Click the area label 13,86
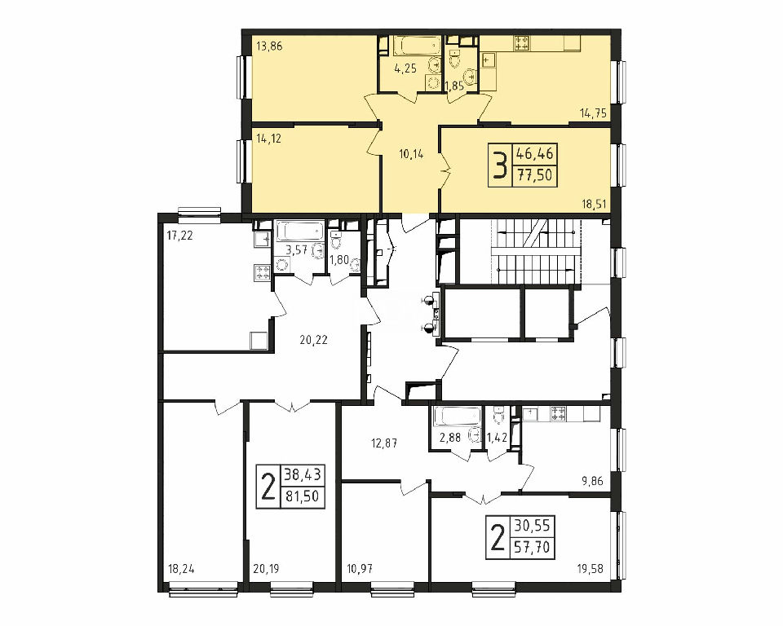[x=270, y=47]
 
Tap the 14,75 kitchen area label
[x=593, y=113]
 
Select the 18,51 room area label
[x=593, y=203]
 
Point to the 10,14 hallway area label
[x=411, y=154]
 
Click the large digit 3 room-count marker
[x=500, y=165]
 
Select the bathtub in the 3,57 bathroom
[x=300, y=231]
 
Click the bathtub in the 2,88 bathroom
[x=458, y=417]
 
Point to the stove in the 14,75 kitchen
[x=522, y=43]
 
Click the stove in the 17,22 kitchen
[x=263, y=272]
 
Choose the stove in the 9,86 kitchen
[x=558, y=413]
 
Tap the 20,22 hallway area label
[x=313, y=340]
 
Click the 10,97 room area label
[x=360, y=568]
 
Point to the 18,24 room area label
[x=181, y=568]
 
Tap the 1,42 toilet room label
[x=497, y=438]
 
